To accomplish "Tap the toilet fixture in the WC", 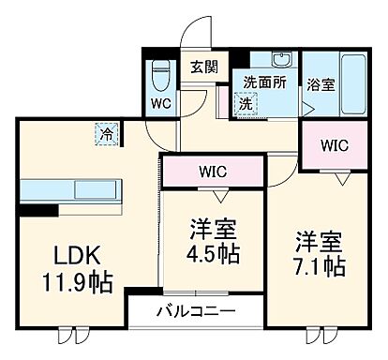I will [159, 72].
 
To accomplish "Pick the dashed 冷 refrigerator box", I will [108, 135].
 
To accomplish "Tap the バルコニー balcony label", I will [195, 310].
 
